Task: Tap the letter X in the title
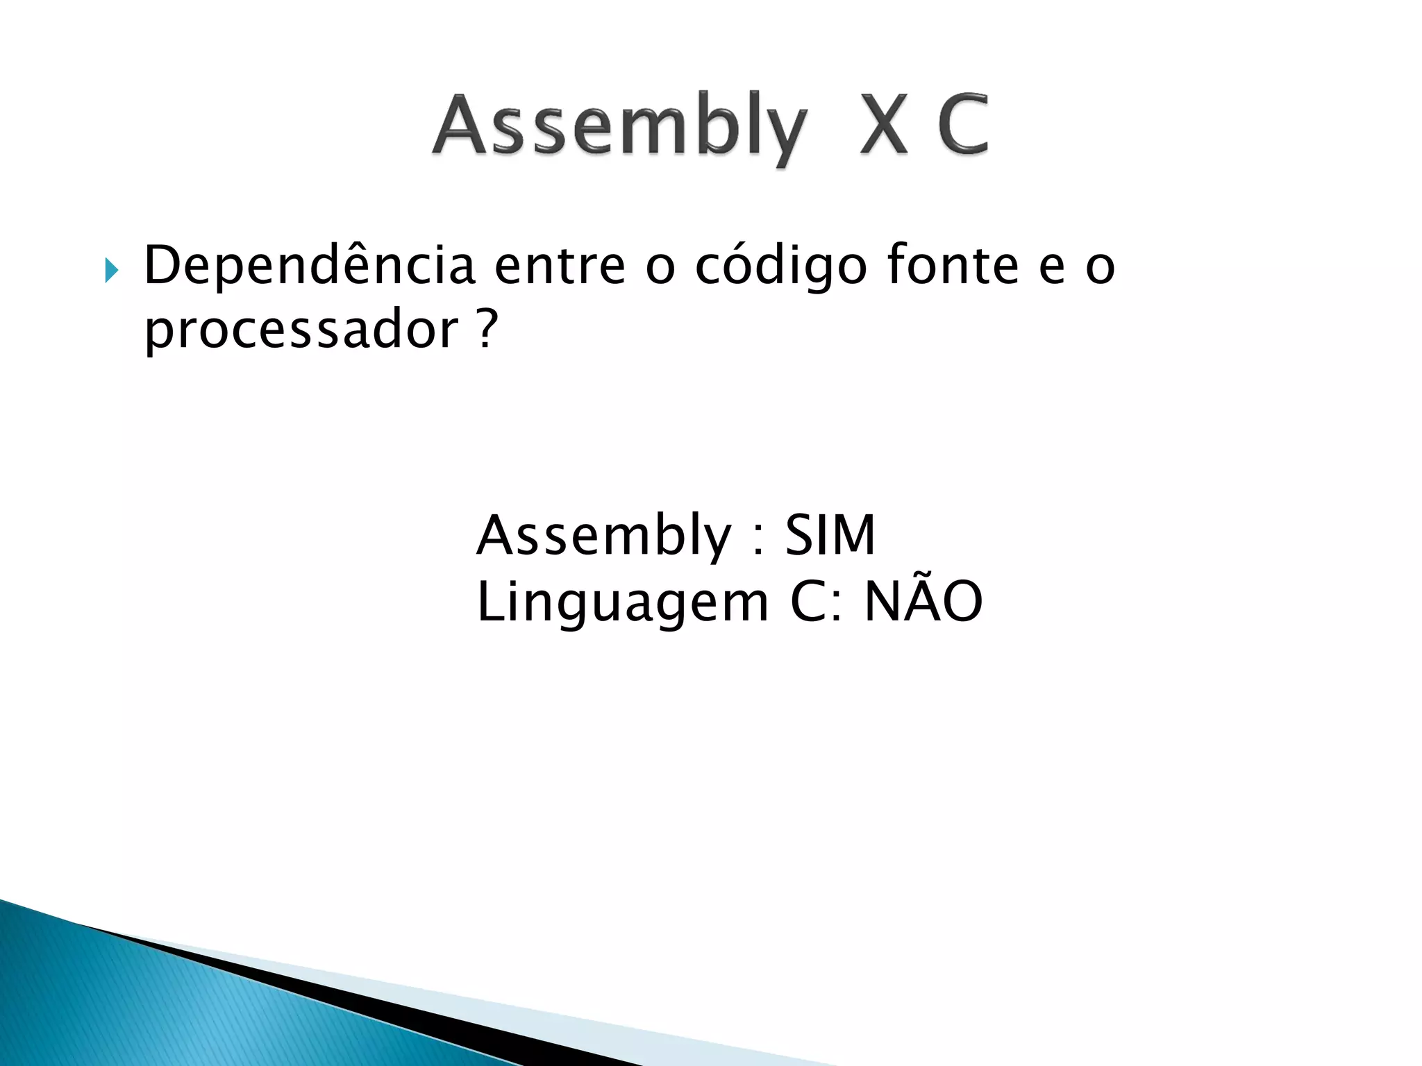coord(883,125)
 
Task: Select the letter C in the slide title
coord(962,125)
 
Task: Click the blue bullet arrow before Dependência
coord(111,269)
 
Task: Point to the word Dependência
coord(309,267)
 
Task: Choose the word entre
coord(560,267)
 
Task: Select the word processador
coord(301,330)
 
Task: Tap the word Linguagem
coord(623,603)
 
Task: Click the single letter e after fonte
coord(1052,269)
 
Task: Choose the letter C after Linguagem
coord(810,602)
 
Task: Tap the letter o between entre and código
coord(660,269)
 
